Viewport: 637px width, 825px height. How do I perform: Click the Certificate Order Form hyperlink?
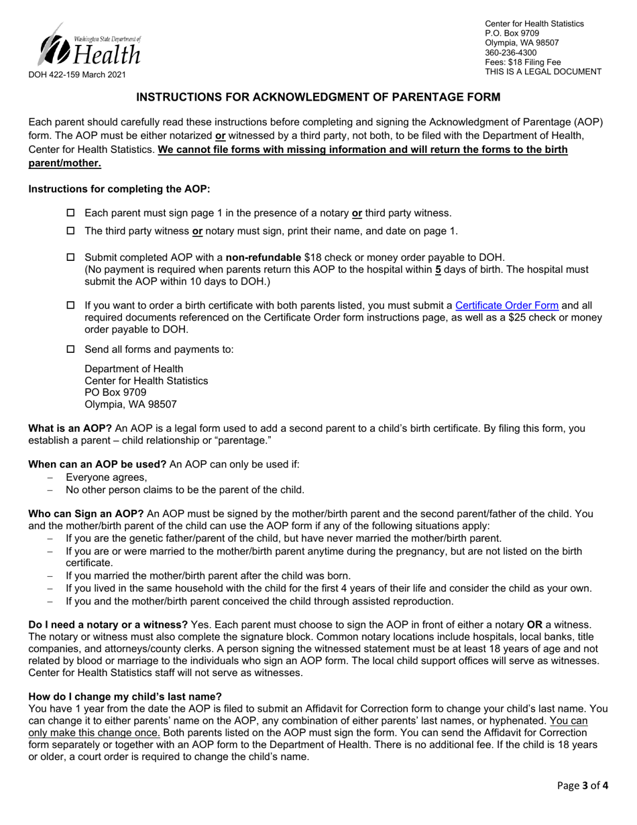(x=506, y=306)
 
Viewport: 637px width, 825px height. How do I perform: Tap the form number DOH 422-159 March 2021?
(x=76, y=75)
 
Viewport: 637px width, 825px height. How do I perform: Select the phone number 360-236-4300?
(x=510, y=52)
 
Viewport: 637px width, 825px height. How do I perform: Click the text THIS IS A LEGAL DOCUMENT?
(x=543, y=72)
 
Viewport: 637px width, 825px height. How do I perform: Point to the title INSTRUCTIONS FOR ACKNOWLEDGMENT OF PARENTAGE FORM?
(x=318, y=98)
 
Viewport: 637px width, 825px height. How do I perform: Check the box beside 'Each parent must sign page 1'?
(x=71, y=213)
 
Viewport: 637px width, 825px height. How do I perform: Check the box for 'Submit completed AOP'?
(x=71, y=258)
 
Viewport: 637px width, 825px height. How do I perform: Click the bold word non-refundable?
(x=264, y=258)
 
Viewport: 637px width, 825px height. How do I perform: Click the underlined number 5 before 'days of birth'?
(x=438, y=270)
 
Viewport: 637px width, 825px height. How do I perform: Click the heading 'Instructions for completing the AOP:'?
(x=119, y=189)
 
